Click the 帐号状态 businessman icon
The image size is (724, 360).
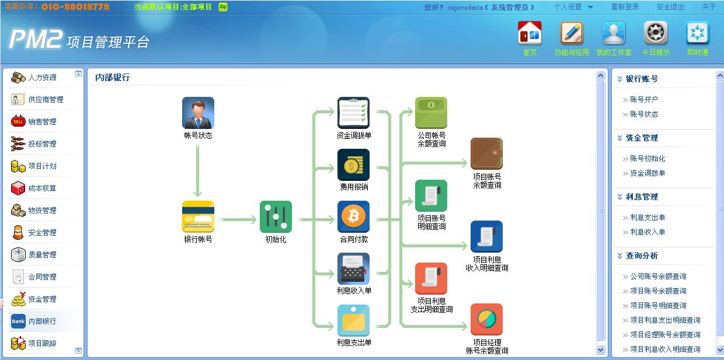(198, 113)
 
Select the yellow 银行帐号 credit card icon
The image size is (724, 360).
(198, 216)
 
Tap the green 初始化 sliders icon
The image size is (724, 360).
(276, 216)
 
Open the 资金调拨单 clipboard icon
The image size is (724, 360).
(354, 113)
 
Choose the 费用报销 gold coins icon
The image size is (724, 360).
(354, 165)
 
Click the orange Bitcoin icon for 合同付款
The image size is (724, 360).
(354, 216)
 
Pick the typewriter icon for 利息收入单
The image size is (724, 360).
(354, 268)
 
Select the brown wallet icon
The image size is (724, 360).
(486, 153)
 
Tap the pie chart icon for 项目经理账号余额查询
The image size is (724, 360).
(486, 319)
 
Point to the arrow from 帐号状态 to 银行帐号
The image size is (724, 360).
(197, 170)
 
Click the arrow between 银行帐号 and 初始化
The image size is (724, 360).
(239, 220)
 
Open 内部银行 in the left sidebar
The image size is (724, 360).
(43, 321)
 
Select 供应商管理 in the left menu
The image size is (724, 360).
(46, 99)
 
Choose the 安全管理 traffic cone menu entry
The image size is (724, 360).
(43, 232)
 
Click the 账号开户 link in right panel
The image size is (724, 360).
(644, 99)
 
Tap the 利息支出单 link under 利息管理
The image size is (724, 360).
(648, 217)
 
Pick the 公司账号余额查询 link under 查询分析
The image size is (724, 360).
(659, 277)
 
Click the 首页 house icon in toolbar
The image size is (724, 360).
(530, 33)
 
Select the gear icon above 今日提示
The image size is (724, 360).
(656, 33)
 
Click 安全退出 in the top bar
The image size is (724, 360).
(670, 7)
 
